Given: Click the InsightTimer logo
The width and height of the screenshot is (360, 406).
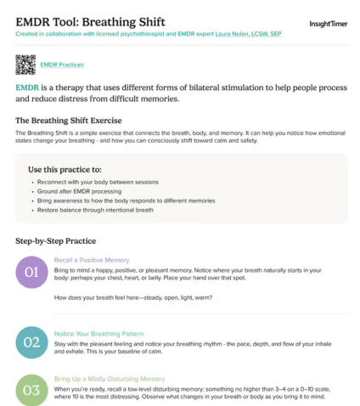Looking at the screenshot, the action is pos(327,24).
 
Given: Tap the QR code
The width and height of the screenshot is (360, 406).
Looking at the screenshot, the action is pos(25,65).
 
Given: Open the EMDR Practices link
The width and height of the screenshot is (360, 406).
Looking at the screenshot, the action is pos(62,65).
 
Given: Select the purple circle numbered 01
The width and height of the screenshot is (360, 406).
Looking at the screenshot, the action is pos(31,272).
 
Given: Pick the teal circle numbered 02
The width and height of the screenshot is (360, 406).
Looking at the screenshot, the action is pos(31,342).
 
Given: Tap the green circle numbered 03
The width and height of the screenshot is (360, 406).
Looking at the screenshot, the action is pos(31,390).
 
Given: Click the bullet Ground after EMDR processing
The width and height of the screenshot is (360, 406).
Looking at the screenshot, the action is pos(76,192).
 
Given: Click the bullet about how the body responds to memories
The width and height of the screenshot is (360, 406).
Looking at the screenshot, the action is pos(113,200).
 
